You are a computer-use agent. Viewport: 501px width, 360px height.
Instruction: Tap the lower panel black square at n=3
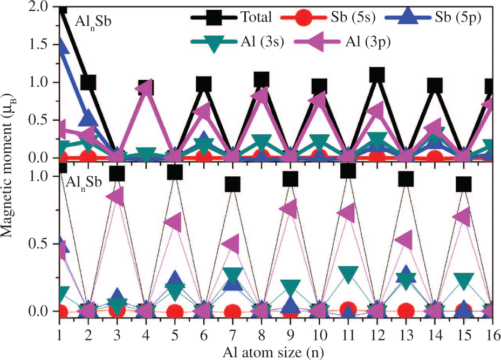[117, 174]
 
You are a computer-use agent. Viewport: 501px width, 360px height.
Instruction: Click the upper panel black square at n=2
[88, 82]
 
